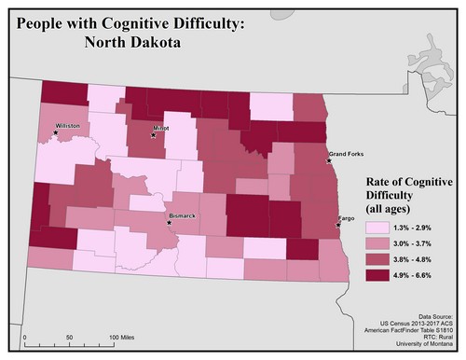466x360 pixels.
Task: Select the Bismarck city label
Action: click(x=183, y=216)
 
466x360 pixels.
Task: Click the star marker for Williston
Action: click(x=56, y=132)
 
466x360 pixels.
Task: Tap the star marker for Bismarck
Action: click(x=169, y=223)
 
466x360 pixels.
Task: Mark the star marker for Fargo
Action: click(x=337, y=225)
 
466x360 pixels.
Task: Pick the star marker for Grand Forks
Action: click(x=329, y=160)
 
